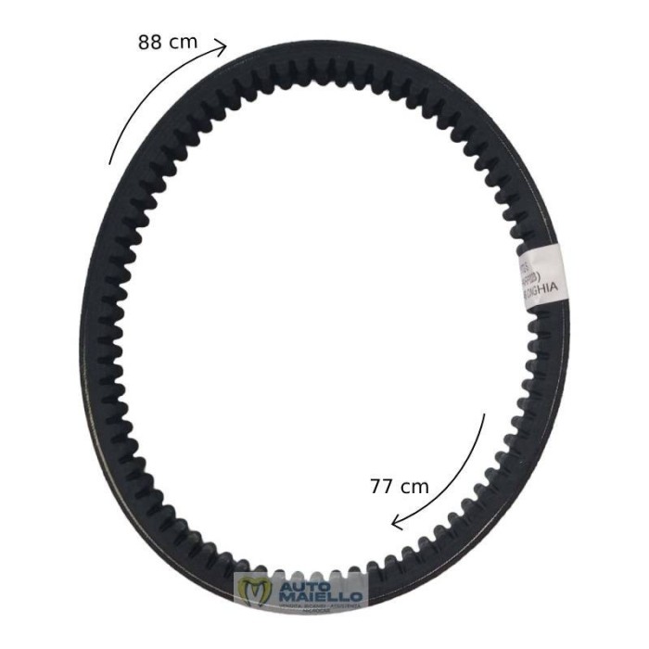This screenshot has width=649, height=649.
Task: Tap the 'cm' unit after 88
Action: pyautogui.click(x=185, y=43)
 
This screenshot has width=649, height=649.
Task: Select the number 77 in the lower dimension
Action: pyautogui.click(x=384, y=485)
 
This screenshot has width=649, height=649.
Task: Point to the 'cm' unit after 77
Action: pyautogui.click(x=417, y=485)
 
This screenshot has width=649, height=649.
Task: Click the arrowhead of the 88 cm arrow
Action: pyautogui.click(x=223, y=45)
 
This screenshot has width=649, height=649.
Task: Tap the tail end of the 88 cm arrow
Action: pyautogui.click(x=109, y=164)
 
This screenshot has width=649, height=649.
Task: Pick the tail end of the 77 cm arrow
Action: pyautogui.click(x=484, y=415)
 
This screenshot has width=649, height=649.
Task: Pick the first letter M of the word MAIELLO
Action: pyautogui.click(x=284, y=595)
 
